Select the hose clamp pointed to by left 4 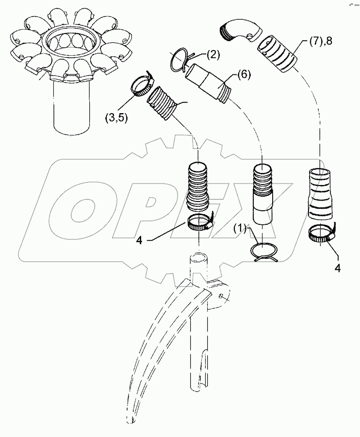click(199, 222)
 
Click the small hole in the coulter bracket click(221, 295)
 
